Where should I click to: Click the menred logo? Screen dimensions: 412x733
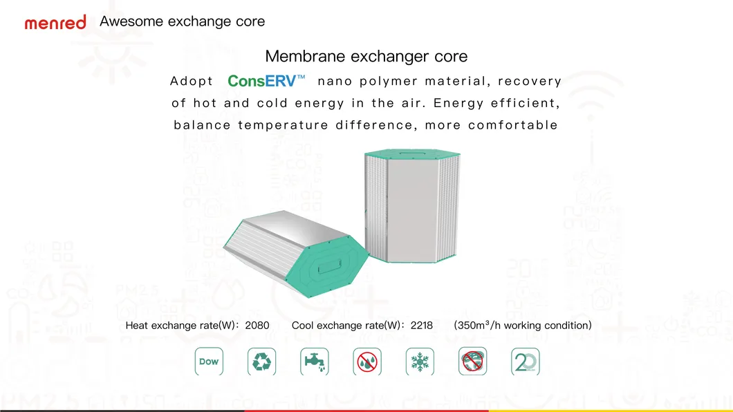click(x=55, y=22)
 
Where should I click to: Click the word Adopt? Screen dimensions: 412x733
click(x=192, y=82)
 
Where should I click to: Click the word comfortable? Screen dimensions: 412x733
click(x=512, y=125)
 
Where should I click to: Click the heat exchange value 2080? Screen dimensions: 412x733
click(x=257, y=325)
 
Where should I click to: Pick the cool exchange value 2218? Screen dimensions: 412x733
click(x=421, y=325)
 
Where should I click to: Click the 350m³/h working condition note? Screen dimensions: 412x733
click(x=522, y=325)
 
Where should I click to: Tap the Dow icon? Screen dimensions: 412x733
click(x=209, y=362)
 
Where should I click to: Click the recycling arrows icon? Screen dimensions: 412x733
click(x=262, y=362)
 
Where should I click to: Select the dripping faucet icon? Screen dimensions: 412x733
click(x=315, y=362)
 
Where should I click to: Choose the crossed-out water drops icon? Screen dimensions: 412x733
click(x=367, y=362)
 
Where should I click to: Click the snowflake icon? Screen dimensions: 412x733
click(x=420, y=362)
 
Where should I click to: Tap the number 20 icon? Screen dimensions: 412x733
click(x=526, y=362)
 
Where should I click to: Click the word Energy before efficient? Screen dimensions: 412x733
click(x=458, y=104)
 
